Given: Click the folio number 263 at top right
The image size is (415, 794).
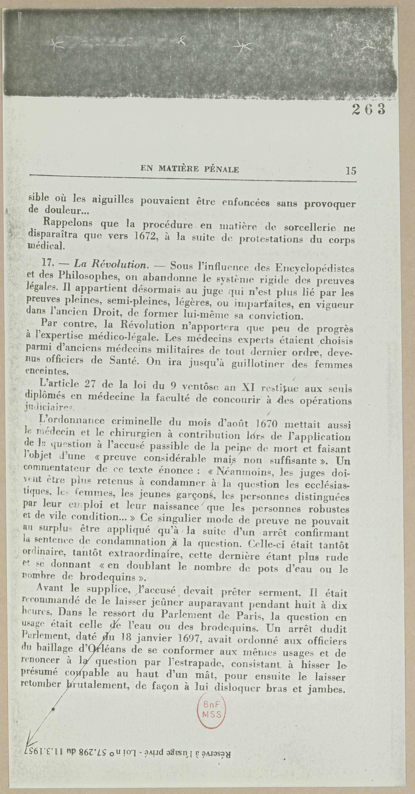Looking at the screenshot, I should pos(369,109).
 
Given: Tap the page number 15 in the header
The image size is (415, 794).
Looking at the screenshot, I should pos(351,170).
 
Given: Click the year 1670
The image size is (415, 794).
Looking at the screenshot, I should pos(267,425).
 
